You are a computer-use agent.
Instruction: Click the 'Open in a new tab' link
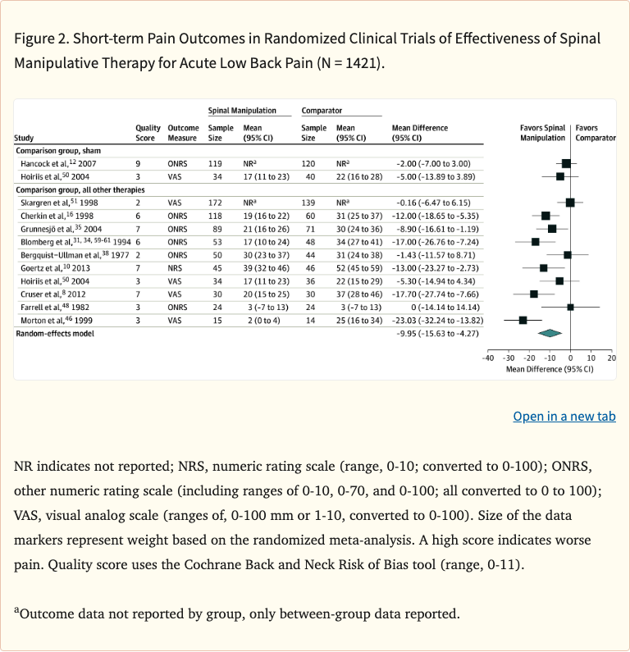(x=564, y=417)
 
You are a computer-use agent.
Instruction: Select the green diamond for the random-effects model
(x=549, y=333)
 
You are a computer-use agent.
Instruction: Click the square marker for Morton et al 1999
(x=523, y=319)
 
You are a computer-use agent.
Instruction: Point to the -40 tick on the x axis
(x=487, y=358)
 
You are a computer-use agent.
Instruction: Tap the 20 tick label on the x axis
(x=611, y=358)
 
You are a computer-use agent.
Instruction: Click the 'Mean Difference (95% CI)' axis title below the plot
(x=549, y=369)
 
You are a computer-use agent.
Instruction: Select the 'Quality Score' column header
(x=148, y=133)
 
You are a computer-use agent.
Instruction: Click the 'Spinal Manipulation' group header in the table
(x=242, y=110)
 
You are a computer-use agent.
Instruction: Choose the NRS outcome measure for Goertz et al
(x=177, y=267)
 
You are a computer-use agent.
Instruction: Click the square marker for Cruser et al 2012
(x=534, y=294)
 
